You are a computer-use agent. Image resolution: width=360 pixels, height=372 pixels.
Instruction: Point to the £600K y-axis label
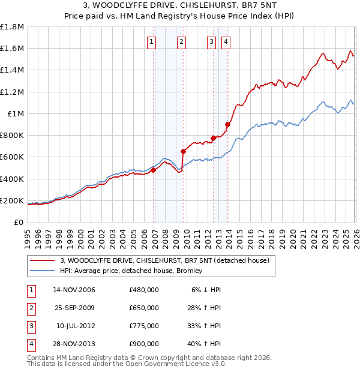[12, 157]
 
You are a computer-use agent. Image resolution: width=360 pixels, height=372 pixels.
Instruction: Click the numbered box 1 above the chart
[151, 41]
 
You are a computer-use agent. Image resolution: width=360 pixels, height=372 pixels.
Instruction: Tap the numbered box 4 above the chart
[226, 41]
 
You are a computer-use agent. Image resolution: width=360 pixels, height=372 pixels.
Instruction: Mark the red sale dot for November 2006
[153, 170]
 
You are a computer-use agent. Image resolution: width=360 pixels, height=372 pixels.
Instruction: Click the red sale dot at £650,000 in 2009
[183, 152]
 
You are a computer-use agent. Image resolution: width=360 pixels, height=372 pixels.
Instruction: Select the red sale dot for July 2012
[213, 138]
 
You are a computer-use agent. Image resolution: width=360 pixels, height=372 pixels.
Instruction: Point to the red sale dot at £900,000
[227, 125]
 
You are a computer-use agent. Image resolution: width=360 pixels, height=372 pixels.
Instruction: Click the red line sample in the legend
[42, 260]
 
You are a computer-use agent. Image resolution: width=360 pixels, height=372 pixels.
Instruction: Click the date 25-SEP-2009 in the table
[74, 308]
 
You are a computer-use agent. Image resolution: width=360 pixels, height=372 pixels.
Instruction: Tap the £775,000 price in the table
[143, 326]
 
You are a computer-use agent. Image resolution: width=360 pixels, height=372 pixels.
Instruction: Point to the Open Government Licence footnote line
[118, 364]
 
